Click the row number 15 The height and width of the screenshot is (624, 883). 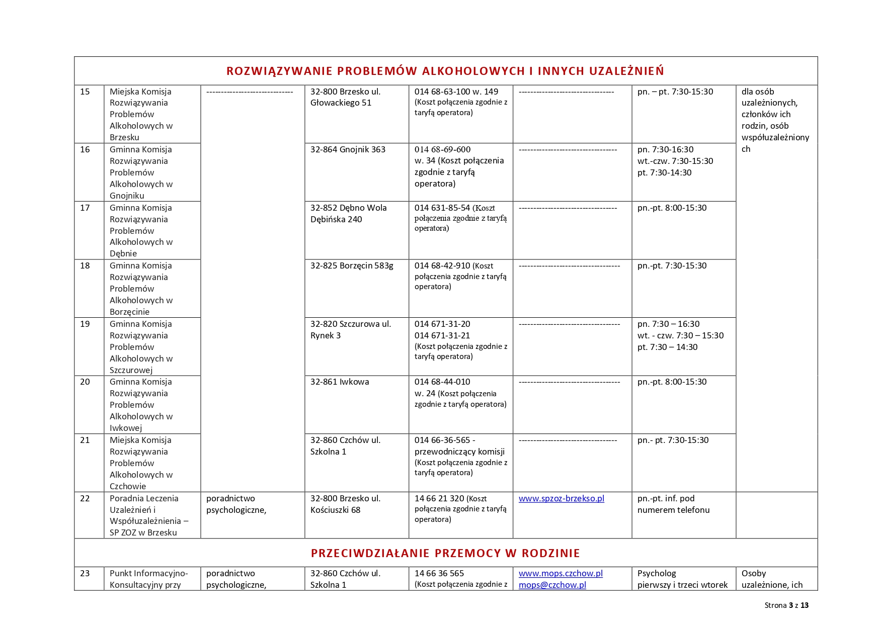(x=85, y=92)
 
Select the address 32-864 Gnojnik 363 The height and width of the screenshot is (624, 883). (x=348, y=149)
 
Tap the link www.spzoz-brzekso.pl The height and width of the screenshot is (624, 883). (x=561, y=498)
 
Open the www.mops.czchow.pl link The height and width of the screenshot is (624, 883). (x=560, y=573)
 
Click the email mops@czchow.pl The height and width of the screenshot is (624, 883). (x=552, y=585)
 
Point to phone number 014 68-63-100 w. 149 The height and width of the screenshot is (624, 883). (x=456, y=92)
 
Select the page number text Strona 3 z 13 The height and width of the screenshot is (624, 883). (x=786, y=605)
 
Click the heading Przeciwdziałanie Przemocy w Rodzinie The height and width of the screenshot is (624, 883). (x=445, y=553)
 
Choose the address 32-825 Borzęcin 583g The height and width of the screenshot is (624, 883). (x=352, y=265)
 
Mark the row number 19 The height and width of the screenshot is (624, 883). (x=85, y=324)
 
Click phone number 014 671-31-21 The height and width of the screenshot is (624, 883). (x=442, y=335)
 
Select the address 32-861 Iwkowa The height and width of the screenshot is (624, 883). (x=340, y=382)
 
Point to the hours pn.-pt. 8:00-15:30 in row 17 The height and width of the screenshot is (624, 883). (x=672, y=208)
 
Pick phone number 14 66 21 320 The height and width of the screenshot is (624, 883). (x=439, y=498)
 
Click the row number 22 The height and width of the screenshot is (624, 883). (x=85, y=498)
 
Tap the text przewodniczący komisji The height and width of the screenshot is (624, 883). (x=459, y=452)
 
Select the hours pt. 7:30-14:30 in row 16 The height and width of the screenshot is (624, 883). (x=664, y=172)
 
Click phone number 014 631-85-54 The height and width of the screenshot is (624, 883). (x=442, y=208)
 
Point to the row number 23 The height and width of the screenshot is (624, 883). (x=85, y=573)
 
